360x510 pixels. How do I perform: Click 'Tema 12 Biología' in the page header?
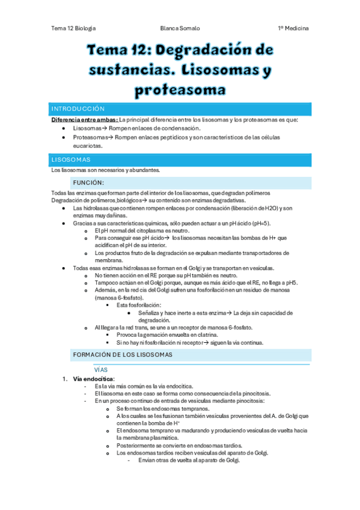(74, 28)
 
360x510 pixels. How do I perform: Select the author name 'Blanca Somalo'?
(180, 28)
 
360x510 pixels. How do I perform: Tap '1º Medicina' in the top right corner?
(293, 28)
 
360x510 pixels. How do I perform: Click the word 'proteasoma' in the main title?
(180, 90)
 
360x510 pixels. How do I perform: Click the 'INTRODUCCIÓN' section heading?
(79, 109)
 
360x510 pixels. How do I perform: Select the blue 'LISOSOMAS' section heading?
(72, 160)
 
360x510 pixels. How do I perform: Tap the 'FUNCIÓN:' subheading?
(88, 182)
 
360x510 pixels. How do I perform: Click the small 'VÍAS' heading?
(100, 369)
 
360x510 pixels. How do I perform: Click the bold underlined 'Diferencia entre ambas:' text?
(84, 120)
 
